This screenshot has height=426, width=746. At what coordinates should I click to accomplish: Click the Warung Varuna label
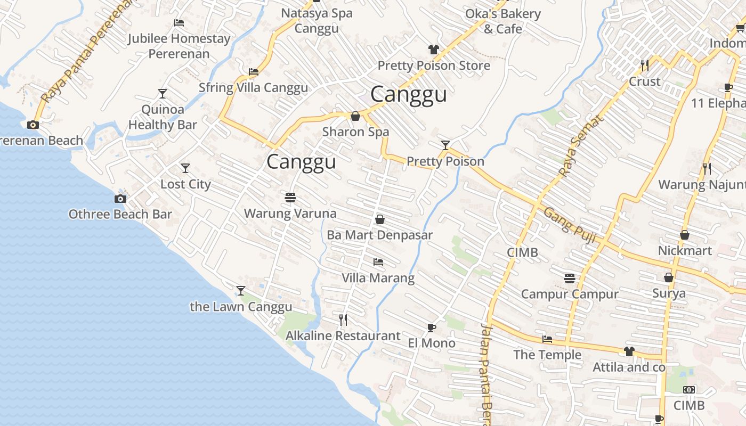click(x=290, y=214)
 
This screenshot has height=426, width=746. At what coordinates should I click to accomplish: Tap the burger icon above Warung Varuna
click(x=290, y=198)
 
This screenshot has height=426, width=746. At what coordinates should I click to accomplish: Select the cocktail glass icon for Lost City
click(x=185, y=168)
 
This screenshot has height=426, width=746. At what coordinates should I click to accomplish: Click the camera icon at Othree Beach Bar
click(x=120, y=199)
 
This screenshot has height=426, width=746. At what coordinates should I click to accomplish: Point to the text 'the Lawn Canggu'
click(x=241, y=307)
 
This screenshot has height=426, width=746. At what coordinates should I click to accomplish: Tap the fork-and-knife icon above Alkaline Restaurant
click(x=343, y=319)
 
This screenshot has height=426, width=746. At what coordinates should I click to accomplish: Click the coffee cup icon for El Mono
click(x=432, y=327)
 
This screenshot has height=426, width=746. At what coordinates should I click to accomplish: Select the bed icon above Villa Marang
click(x=378, y=262)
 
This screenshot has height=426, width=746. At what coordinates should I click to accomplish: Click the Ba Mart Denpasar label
click(x=379, y=235)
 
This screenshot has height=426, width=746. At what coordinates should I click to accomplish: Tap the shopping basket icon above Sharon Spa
click(x=355, y=116)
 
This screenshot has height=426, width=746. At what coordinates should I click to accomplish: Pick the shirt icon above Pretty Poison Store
click(x=434, y=50)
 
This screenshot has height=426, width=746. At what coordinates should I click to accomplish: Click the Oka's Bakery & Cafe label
click(x=502, y=21)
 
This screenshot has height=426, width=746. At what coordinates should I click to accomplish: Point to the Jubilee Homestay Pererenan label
click(x=179, y=46)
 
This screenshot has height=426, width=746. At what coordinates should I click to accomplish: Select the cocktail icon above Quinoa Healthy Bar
click(x=163, y=94)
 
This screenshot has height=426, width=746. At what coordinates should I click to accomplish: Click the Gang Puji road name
click(x=569, y=225)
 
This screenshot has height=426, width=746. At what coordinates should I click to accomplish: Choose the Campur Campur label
click(x=569, y=294)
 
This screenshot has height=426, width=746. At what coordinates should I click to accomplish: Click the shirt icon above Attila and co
click(x=629, y=351)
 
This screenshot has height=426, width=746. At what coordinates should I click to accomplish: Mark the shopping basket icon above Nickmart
click(x=685, y=235)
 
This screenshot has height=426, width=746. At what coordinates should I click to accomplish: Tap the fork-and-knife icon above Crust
click(x=645, y=65)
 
